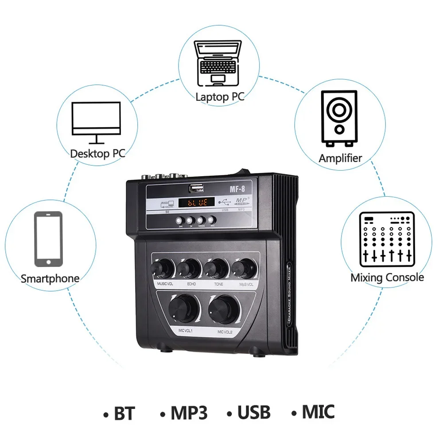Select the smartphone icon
click(49, 239)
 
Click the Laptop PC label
click(220, 97)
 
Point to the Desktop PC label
click(98, 154)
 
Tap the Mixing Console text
click(387, 278)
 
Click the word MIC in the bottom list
click(318, 412)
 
